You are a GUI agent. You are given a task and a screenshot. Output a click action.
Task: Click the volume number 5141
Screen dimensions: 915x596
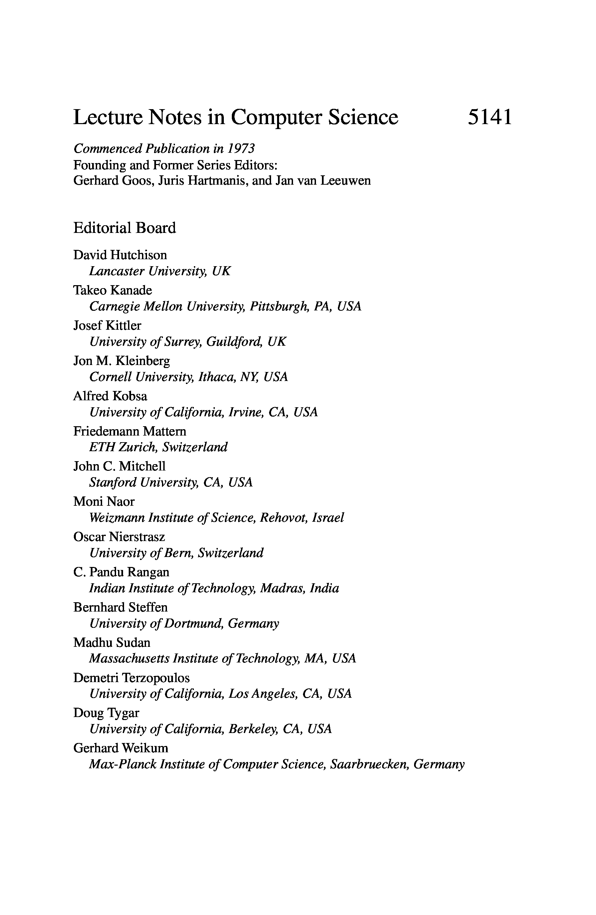click(490, 117)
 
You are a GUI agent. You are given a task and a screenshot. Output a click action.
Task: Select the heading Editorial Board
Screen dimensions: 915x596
click(124, 228)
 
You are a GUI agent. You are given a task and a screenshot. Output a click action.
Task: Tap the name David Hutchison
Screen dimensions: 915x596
click(120, 255)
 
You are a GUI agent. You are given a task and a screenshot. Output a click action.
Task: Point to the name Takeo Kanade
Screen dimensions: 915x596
click(113, 290)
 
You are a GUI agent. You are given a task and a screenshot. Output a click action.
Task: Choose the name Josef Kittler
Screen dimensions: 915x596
click(107, 325)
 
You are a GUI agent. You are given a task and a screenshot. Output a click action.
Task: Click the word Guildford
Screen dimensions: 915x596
click(234, 341)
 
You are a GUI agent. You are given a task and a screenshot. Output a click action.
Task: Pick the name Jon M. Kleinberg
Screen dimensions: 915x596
click(121, 361)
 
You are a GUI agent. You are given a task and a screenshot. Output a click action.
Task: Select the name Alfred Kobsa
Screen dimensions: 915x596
click(110, 396)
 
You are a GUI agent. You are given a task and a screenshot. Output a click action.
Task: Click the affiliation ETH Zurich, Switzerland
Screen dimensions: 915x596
click(158, 447)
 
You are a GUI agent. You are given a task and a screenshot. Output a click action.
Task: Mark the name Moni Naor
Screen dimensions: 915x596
click(104, 501)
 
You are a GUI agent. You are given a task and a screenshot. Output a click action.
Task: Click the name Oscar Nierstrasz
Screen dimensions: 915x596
click(119, 537)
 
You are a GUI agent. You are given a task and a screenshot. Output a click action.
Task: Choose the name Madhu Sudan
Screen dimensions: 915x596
click(112, 642)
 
